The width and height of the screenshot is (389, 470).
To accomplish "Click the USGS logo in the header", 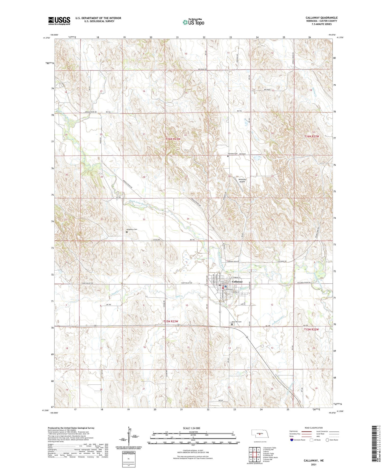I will click(x=59, y=21).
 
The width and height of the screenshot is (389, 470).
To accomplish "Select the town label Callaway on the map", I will click(x=237, y=282).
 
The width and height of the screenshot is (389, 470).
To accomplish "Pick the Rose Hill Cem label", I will click(x=237, y=322).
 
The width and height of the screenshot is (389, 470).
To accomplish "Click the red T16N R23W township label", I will click(x=173, y=139).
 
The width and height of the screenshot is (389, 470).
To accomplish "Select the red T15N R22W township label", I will click(x=311, y=329).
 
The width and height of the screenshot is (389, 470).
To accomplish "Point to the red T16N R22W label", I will click(x=311, y=136).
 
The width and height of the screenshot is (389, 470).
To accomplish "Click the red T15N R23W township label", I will click(x=171, y=321).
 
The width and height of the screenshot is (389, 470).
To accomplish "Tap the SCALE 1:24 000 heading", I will click(x=191, y=428).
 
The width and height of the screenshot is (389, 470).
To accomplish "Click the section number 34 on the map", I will click(x=188, y=219).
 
